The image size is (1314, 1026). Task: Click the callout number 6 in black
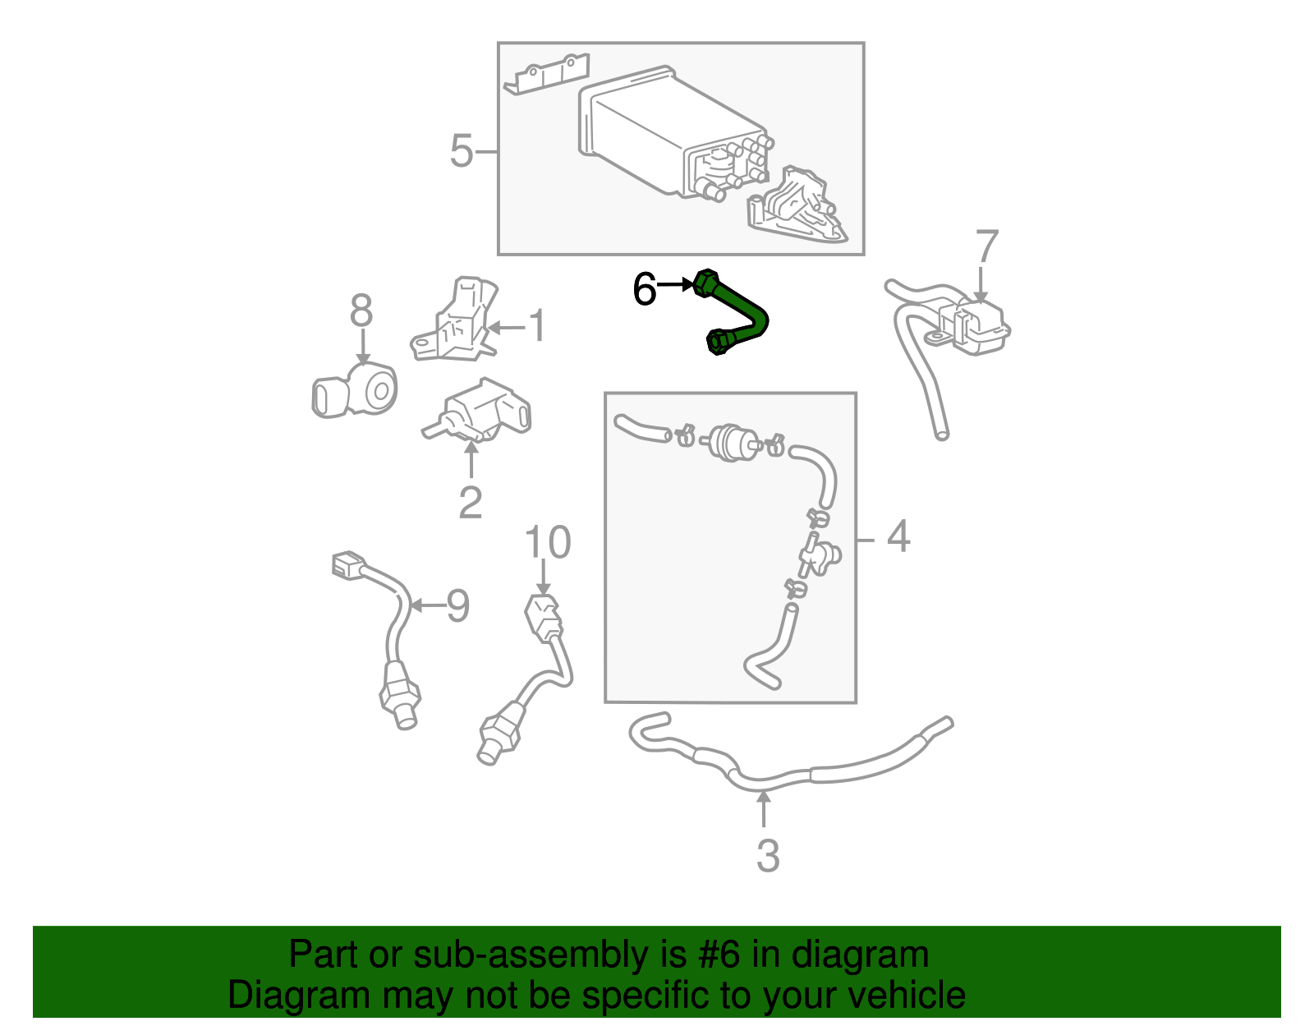tap(644, 289)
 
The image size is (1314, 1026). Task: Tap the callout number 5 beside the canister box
tap(462, 152)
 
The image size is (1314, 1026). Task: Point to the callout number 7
tap(986, 248)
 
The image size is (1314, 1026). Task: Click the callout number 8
tap(361, 312)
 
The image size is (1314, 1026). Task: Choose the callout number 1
tap(537, 327)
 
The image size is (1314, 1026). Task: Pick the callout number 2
tap(470, 503)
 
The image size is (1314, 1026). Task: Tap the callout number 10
tap(547, 543)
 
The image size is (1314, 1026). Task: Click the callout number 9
tap(457, 606)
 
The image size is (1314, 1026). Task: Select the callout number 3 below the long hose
tap(767, 856)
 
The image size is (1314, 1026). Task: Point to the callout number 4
tap(898, 536)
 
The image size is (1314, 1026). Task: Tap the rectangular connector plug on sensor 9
tap(347, 565)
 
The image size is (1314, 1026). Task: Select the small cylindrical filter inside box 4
tap(728, 440)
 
